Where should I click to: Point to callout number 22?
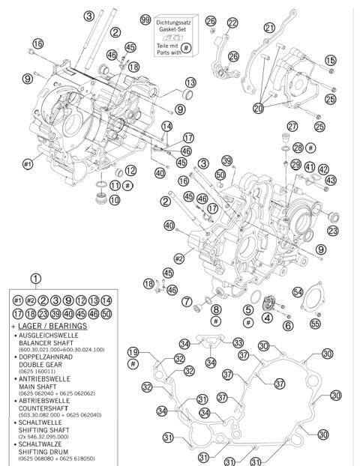point(232,22)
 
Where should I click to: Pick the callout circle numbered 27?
point(292,127)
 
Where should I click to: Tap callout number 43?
point(331,181)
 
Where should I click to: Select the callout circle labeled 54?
point(298,291)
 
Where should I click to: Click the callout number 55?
point(315,324)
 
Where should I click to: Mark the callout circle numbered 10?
point(114,200)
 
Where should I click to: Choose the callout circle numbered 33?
point(238,342)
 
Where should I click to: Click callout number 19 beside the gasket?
point(133,352)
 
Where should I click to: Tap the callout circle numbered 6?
point(288,324)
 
